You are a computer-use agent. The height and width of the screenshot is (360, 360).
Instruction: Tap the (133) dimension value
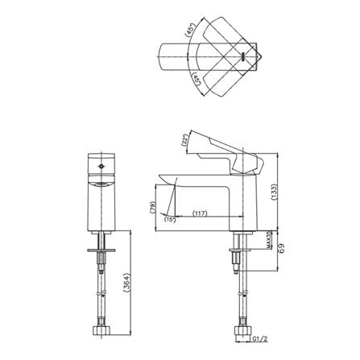274,192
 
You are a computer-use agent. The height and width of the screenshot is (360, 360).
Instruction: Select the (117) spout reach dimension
200,213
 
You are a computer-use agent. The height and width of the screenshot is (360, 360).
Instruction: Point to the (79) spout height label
153,207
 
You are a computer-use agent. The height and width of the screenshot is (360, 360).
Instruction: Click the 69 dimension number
282,249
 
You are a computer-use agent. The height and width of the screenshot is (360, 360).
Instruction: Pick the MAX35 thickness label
269,240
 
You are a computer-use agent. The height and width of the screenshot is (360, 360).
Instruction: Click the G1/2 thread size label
260,339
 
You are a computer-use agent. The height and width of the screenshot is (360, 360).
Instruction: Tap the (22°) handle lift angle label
184,140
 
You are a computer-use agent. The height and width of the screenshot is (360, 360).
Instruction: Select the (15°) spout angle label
170,220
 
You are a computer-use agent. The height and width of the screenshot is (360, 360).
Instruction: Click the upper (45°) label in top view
190,29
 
